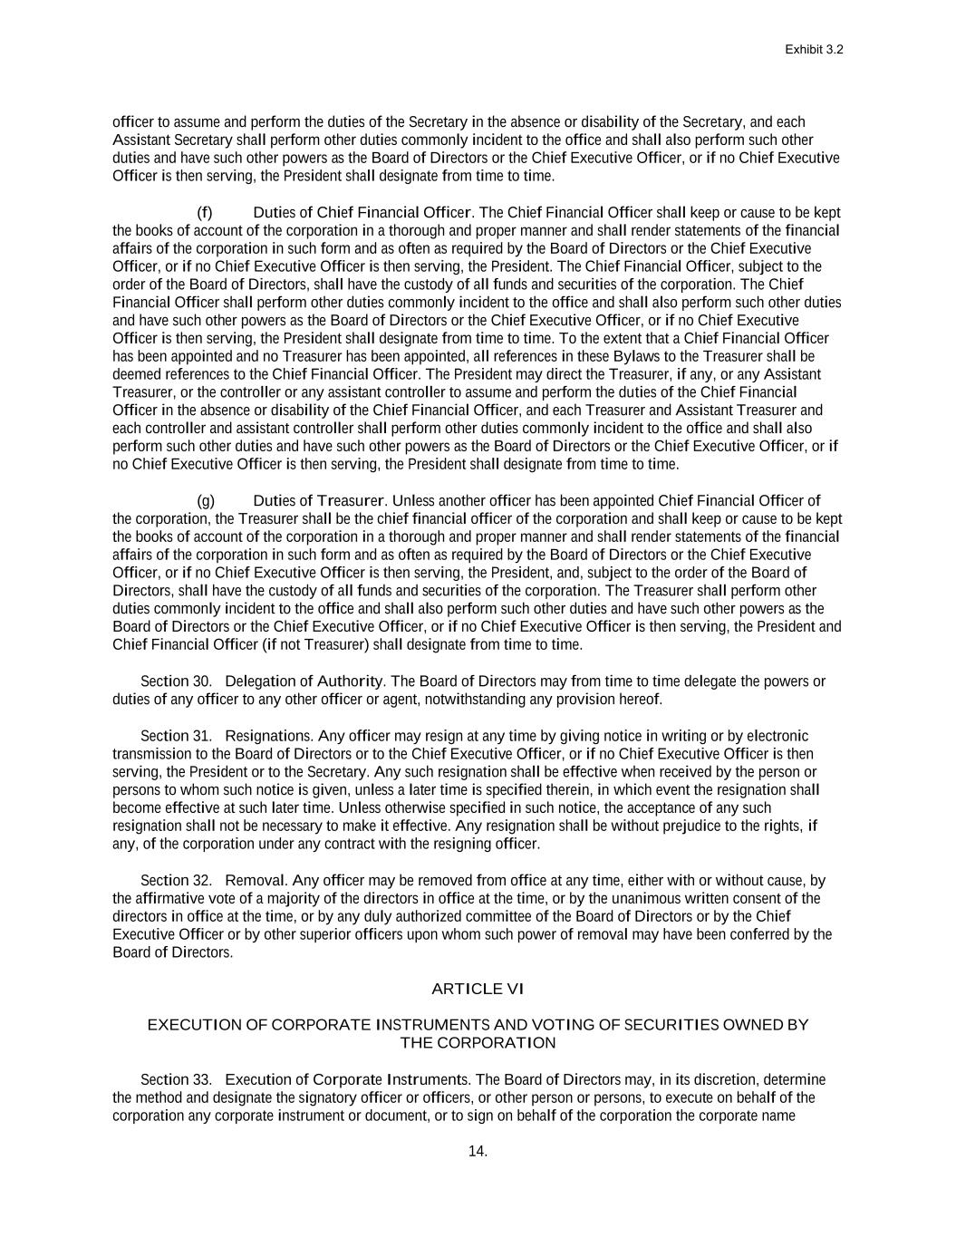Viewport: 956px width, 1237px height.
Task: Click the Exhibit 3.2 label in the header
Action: (814, 50)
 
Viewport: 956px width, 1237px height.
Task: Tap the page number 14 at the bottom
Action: (478, 1152)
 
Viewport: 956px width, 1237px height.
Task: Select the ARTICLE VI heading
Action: (478, 989)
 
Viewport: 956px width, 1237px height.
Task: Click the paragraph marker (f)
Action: (205, 212)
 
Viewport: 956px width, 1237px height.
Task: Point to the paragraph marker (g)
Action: (206, 500)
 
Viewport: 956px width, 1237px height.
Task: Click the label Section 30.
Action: (176, 681)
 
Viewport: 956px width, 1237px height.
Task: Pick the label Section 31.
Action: (176, 736)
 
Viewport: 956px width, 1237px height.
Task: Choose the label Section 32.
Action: (176, 881)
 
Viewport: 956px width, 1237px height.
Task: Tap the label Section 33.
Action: (176, 1079)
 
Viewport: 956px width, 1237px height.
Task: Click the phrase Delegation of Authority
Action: (304, 681)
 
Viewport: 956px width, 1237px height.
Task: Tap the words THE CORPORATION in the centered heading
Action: (478, 1043)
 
